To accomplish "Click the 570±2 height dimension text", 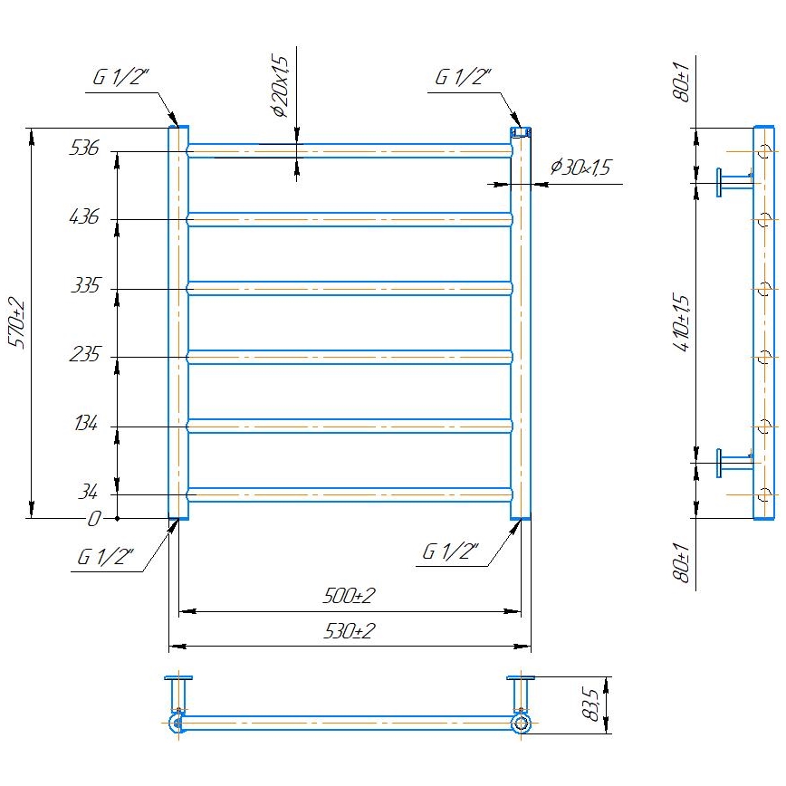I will (x=15, y=322).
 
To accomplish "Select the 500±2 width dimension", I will (x=349, y=597).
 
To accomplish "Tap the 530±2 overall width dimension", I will (x=349, y=631).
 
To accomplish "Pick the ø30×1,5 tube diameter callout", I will (x=581, y=168).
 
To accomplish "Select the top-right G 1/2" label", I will (x=463, y=78).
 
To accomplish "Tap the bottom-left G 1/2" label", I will (x=106, y=558).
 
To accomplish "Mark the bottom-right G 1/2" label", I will (x=450, y=551).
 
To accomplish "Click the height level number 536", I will (x=83, y=149).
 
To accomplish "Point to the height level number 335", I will (x=83, y=287).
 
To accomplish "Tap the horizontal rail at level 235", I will (x=350, y=357).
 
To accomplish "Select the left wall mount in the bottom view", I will (x=177, y=692).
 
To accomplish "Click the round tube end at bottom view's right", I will (x=520, y=723).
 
